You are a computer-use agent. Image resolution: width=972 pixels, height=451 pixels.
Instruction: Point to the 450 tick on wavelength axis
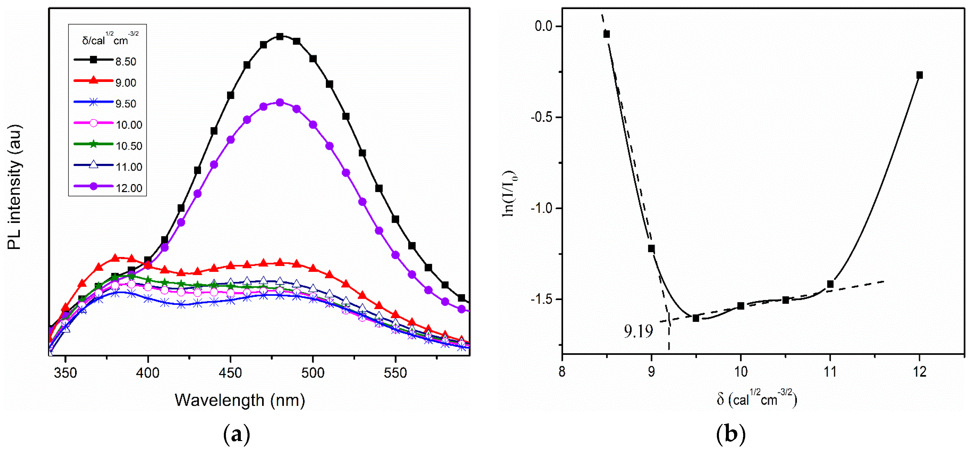click(230, 373)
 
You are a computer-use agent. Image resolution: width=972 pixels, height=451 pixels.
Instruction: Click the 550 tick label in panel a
click(395, 373)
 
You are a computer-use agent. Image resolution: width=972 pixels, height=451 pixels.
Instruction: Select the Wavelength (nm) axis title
click(240, 400)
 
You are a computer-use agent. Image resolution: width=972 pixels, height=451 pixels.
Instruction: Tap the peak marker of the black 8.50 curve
click(280, 37)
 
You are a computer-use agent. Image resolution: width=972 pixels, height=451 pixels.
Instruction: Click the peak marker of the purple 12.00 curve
click(280, 102)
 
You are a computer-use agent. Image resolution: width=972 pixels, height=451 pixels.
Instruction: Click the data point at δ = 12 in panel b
click(920, 75)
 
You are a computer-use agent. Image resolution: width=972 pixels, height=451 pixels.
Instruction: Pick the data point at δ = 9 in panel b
click(651, 248)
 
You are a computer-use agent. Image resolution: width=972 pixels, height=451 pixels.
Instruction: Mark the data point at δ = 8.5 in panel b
click(606, 34)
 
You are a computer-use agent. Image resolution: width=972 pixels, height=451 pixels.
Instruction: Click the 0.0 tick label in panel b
click(543, 26)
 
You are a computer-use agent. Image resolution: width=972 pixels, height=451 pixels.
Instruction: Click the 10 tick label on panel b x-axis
click(741, 372)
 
